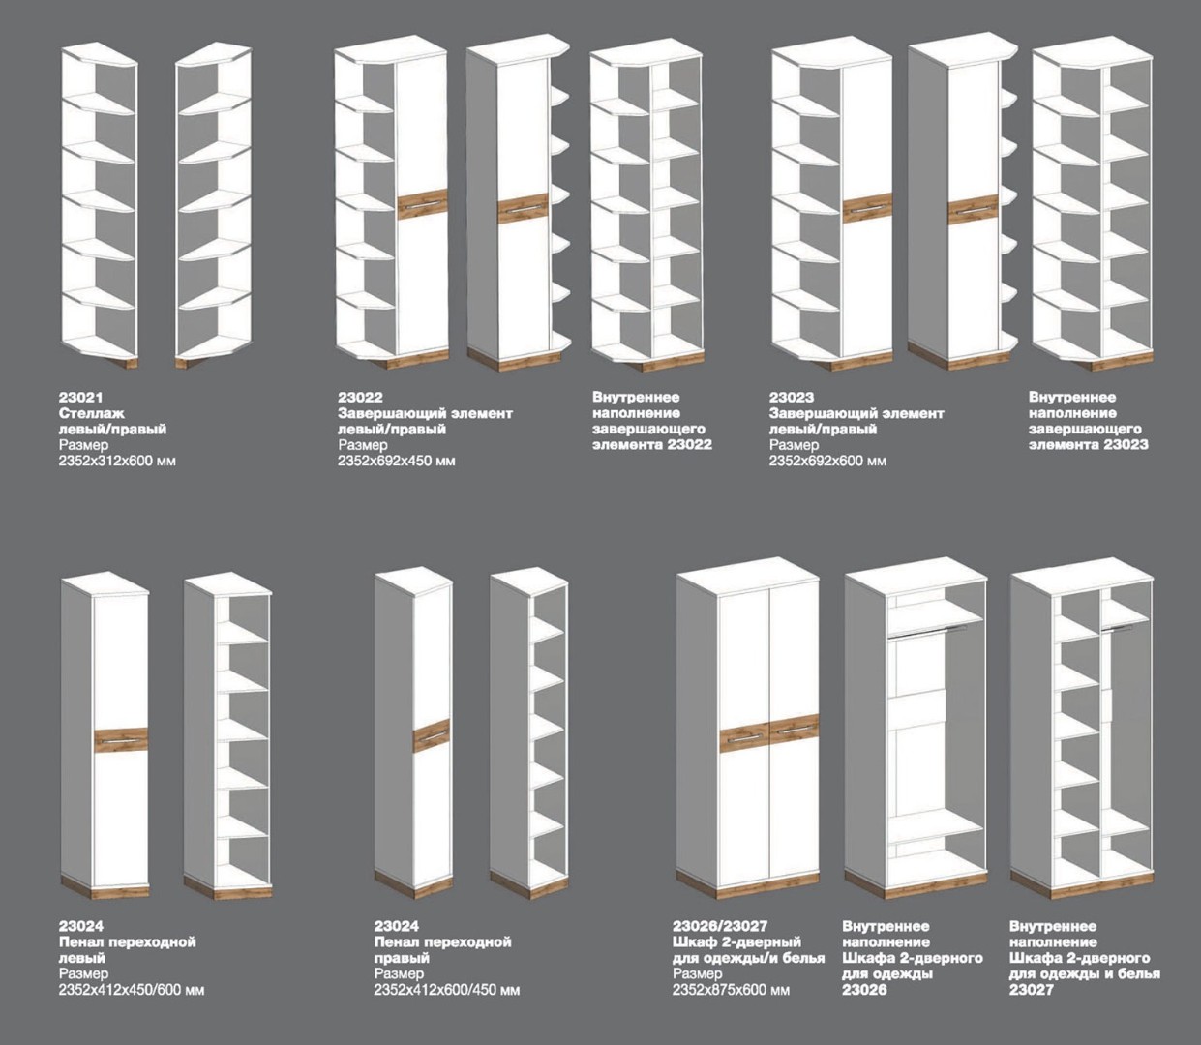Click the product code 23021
coord(81,398)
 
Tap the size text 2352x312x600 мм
coord(117,461)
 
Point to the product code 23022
coord(360,398)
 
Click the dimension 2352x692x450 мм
coord(396,461)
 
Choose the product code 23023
coord(792,398)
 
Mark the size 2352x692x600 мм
coord(827,461)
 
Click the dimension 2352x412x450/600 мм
coord(131,990)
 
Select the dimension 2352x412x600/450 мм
coord(447,990)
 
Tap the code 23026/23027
coord(720,926)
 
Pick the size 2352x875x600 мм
coord(731,990)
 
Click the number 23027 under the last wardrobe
coord(1031,990)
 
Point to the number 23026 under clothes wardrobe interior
coord(864,990)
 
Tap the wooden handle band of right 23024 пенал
coord(432,735)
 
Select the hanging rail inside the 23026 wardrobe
coord(929,631)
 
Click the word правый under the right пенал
coord(401,958)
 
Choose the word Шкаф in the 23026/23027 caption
coord(694,941)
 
